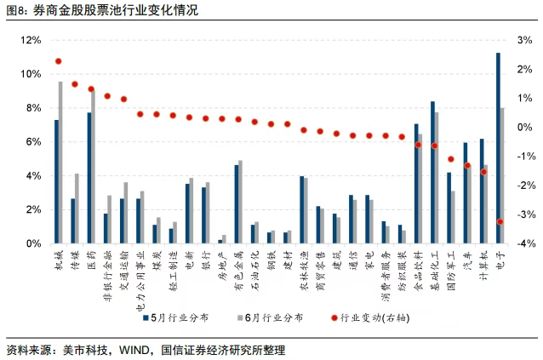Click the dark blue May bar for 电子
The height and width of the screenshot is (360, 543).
pyautogui.click(x=498, y=148)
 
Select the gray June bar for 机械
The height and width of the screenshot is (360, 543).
pyautogui.click(x=60, y=163)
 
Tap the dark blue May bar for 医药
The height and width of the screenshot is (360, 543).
pyautogui.click(x=89, y=178)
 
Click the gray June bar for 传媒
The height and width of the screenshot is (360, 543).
pyautogui.click(x=77, y=209)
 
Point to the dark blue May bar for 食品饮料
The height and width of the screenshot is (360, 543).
pyautogui.click(x=416, y=184)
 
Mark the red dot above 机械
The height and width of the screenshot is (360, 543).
pyautogui.click(x=58, y=61)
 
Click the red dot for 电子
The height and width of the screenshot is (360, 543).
pyautogui.click(x=500, y=221)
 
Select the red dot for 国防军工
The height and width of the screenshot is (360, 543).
pyautogui.click(x=451, y=159)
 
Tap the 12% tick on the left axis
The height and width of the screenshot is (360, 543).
pyautogui.click(x=30, y=40)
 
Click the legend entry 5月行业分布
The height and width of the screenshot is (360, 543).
pyautogui.click(x=179, y=318)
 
